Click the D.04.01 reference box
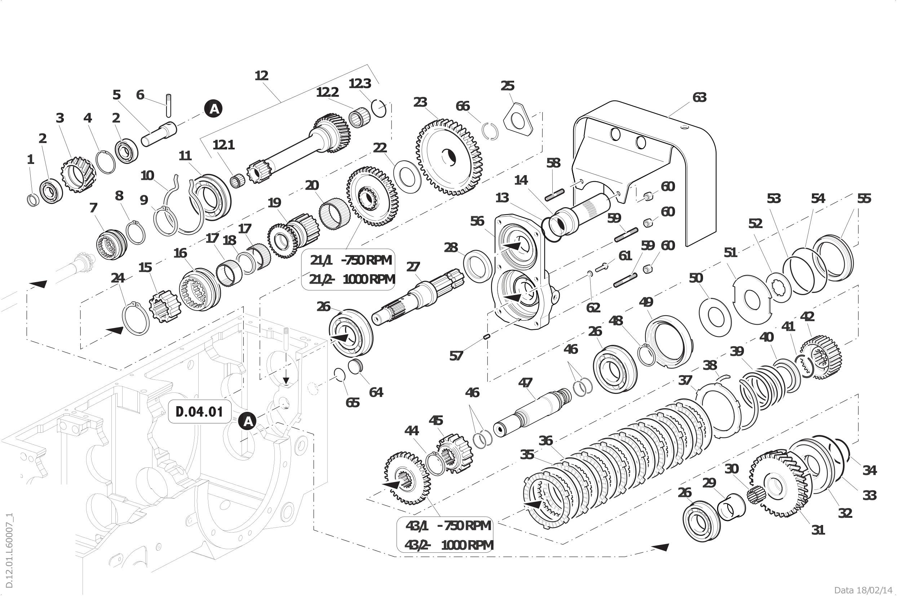pos(200,412)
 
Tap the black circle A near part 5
pos(214,109)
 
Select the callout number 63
pos(699,98)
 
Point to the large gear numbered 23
pos(449,157)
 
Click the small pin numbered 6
pos(168,105)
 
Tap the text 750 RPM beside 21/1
pos(367,260)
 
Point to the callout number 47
pos(525,382)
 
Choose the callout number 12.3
pos(360,83)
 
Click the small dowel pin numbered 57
pos(486,336)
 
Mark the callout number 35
pos(527,454)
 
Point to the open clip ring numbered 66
pos(490,132)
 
